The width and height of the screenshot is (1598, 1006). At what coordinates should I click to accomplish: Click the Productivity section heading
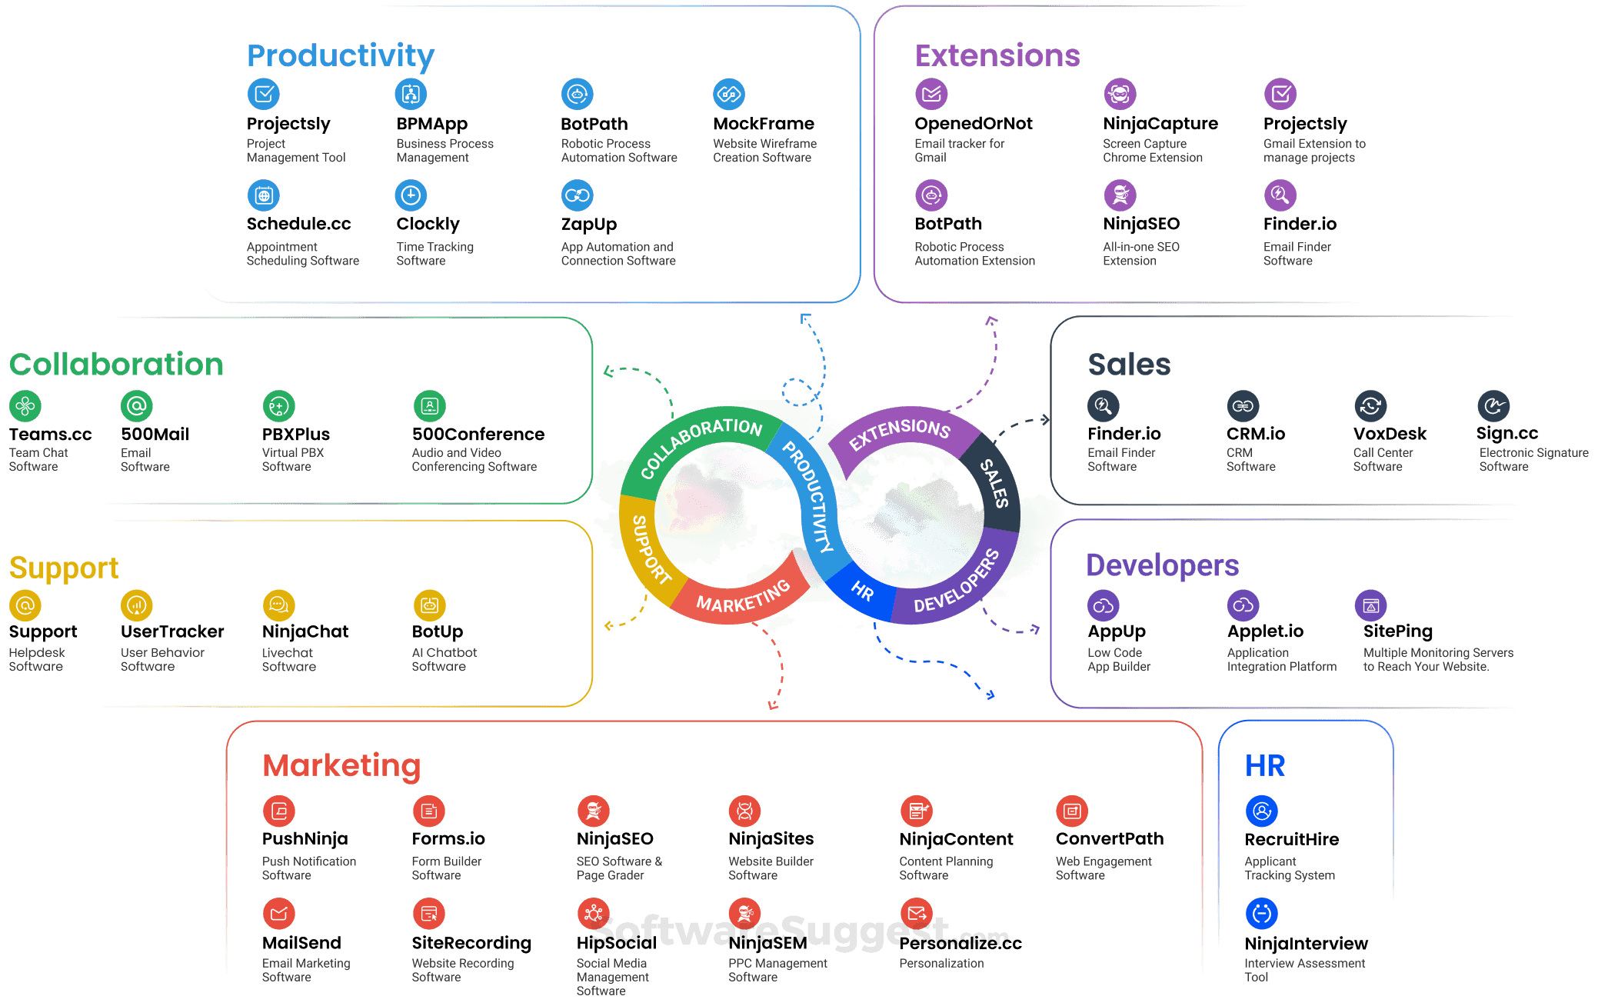pos(341,55)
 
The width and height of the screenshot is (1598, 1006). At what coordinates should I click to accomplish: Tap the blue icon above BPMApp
pos(411,94)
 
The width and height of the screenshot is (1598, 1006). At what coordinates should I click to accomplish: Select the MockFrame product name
pos(763,124)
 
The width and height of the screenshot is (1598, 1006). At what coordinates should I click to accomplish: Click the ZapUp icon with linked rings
pos(577,195)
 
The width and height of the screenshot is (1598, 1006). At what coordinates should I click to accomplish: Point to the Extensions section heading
pos(997,55)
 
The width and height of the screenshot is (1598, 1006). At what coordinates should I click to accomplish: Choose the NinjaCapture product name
pos(1160,124)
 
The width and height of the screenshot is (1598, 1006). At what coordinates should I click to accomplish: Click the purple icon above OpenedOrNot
pos(931,94)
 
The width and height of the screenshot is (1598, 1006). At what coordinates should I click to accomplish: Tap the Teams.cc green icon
pos(25,405)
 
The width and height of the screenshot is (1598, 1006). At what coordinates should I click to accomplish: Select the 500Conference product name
pos(478,435)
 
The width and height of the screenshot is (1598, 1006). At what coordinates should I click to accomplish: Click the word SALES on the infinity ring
pos(994,483)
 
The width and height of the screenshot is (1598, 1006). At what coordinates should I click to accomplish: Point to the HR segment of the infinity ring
pos(863,591)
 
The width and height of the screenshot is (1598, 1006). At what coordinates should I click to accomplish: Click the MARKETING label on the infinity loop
pos(743,597)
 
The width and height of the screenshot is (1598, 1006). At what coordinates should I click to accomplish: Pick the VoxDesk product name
pos(1390,435)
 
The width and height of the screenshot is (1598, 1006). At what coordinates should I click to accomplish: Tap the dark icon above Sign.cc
pos(1493,405)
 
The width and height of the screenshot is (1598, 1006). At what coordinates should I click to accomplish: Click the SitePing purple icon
pos(1370,605)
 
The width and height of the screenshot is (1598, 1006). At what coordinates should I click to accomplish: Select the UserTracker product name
pos(172,632)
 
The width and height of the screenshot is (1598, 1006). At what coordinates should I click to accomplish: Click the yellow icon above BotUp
pos(429,605)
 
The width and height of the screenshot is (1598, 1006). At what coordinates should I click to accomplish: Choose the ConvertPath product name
pos(1109,839)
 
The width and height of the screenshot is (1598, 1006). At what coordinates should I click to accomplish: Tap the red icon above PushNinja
pos(278,811)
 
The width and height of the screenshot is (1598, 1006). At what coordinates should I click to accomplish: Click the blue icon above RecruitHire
pos(1261,811)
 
